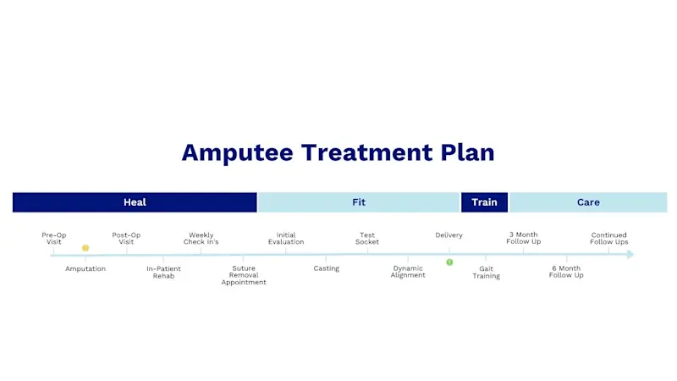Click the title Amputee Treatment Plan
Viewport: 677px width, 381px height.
click(x=338, y=152)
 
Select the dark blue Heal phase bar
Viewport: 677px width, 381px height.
click(x=135, y=202)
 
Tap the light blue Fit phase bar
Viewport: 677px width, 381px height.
click(x=359, y=202)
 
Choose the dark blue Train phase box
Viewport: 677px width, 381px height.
click(x=484, y=202)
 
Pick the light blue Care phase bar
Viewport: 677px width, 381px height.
click(x=588, y=202)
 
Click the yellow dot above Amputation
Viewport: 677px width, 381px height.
click(x=85, y=248)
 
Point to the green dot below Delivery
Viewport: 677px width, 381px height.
click(x=449, y=262)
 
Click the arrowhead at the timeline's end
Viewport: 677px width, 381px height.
click(x=630, y=254)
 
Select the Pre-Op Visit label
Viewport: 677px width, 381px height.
click(x=54, y=238)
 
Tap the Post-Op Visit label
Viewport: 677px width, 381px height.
click(x=126, y=238)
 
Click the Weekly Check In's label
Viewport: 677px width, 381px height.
click(x=201, y=238)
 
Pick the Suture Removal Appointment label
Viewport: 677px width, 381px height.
click(x=244, y=275)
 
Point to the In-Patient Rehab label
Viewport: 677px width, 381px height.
click(x=163, y=272)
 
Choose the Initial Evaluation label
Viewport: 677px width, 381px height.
click(x=286, y=238)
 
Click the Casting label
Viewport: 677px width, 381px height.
click(x=326, y=268)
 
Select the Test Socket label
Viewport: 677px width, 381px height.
click(x=367, y=238)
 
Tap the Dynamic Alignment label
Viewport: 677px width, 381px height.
click(x=408, y=272)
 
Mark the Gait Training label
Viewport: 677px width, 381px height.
click(x=486, y=272)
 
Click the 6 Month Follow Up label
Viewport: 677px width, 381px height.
click(x=566, y=272)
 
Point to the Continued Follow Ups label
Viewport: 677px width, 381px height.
click(x=609, y=238)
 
